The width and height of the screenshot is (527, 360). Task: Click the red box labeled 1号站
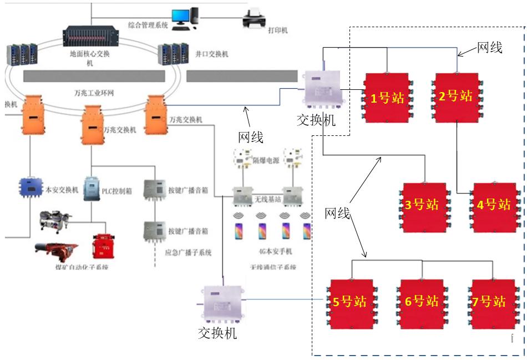click(386, 98)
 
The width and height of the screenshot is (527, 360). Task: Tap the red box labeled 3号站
click(424, 205)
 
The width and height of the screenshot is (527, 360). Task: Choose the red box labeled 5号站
click(351, 302)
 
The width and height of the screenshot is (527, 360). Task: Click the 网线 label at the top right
click(489, 48)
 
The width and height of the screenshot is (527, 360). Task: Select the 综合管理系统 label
click(148, 25)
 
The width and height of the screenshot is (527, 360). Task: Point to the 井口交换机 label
click(212, 54)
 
